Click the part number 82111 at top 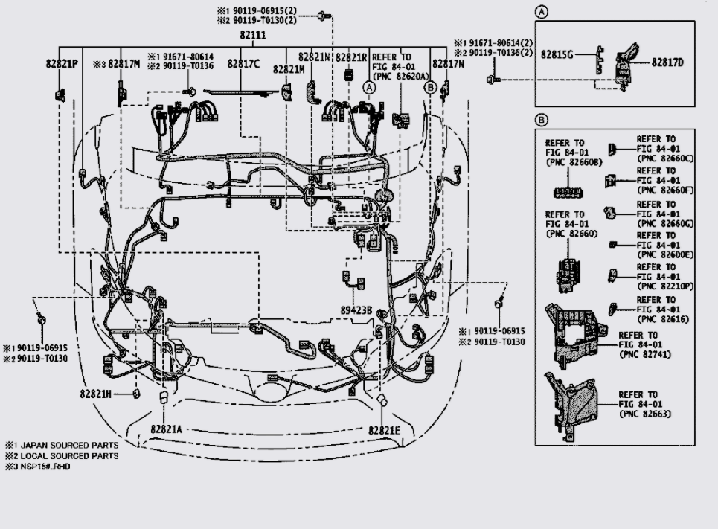(253, 36)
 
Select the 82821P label (62, 64)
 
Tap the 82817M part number (124, 64)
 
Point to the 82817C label (243, 64)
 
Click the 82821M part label (289, 69)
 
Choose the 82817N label (449, 64)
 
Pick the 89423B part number (356, 310)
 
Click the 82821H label (95, 394)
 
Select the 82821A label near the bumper (166, 429)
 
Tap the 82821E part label (384, 430)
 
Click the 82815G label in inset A (557, 54)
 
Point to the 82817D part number (667, 62)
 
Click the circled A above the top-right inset (542, 12)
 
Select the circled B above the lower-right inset (542, 119)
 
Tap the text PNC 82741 (644, 354)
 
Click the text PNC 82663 (644, 414)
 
